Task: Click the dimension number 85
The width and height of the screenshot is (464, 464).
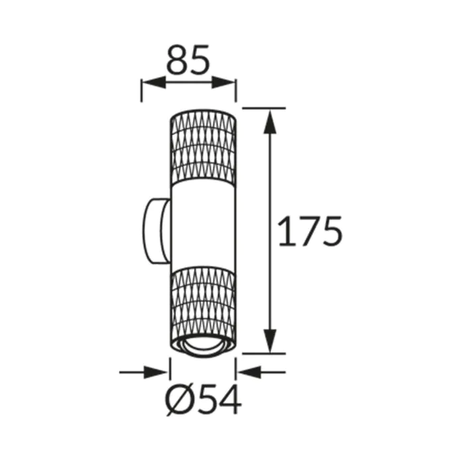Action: (188, 60)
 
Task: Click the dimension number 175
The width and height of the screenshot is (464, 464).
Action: (310, 231)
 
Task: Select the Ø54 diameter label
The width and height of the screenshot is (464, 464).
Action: (203, 400)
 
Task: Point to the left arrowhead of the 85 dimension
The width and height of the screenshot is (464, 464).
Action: (153, 83)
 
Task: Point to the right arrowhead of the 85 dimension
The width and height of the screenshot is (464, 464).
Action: (224, 83)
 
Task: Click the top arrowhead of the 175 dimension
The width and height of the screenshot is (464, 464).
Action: (270, 121)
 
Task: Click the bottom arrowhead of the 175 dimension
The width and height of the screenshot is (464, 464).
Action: (270, 341)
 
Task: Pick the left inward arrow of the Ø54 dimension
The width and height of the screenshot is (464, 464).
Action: (144, 373)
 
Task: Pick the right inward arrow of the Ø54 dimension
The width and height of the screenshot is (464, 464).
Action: (262, 373)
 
